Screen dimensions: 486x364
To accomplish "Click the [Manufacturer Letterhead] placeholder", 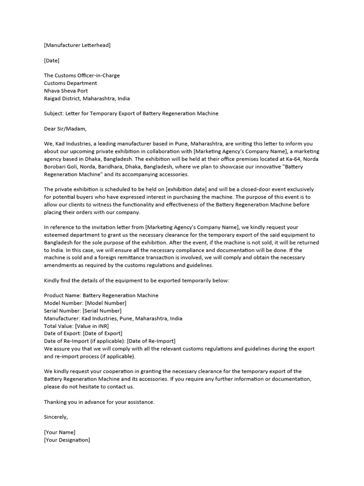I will point(77,45).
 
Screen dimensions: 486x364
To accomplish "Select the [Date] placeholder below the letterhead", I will point(52,60).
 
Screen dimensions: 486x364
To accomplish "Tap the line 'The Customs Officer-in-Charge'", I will point(82,75).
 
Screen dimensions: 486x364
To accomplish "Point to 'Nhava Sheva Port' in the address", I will point(66,91).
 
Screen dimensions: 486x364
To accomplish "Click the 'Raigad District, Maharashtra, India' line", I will point(87,99).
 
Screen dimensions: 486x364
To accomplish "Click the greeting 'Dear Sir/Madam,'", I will point(65,129).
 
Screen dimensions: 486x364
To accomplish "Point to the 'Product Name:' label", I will point(62,296).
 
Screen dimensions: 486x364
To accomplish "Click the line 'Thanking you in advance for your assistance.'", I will point(99,402).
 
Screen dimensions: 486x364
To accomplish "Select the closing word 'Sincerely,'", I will point(56,417).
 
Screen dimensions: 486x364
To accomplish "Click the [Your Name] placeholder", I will point(59,432).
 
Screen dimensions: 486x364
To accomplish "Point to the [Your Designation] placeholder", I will point(67,440).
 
